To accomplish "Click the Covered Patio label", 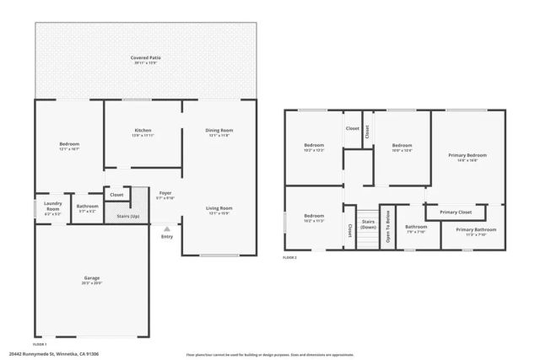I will pyautogui.click(x=146, y=58).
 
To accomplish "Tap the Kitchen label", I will pyautogui.click(x=143, y=131).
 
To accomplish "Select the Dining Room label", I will pyautogui.click(x=219, y=131).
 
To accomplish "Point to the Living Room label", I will pyautogui.click(x=219, y=208).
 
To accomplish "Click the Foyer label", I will pyautogui.click(x=165, y=193).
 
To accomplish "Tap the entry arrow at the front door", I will pyautogui.click(x=166, y=227).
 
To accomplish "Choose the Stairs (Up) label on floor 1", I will pyautogui.click(x=128, y=216).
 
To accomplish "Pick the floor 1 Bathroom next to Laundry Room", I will pyautogui.click(x=87, y=207).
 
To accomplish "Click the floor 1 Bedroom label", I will pyautogui.click(x=69, y=145).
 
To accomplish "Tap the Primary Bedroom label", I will pyautogui.click(x=467, y=156).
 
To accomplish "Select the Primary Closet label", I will pyautogui.click(x=456, y=212).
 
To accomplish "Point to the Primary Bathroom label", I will pyautogui.click(x=476, y=230).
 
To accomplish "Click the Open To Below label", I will pyautogui.click(x=388, y=228).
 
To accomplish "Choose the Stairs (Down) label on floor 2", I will pyautogui.click(x=367, y=225).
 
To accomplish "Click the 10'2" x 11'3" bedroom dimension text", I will pyautogui.click(x=314, y=221).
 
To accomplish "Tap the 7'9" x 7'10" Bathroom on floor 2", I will pyautogui.click(x=416, y=231).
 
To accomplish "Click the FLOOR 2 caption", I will pyautogui.click(x=290, y=258).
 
